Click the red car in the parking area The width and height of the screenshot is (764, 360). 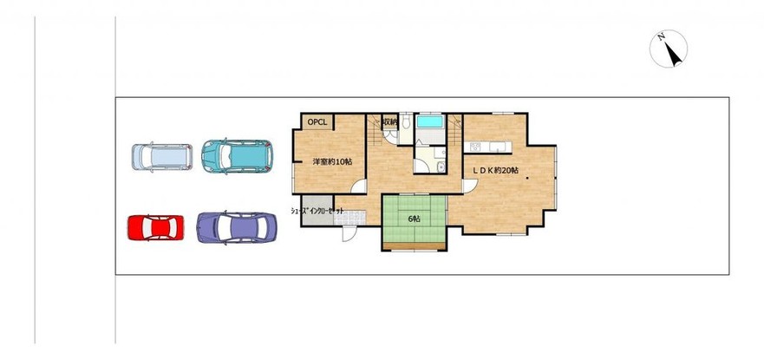pyautogui.click(x=156, y=227)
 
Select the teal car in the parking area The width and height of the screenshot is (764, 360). pyautogui.click(x=238, y=156)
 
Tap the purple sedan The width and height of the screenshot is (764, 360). pyautogui.click(x=237, y=227)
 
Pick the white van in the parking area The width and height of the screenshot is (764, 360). pyautogui.click(x=162, y=157)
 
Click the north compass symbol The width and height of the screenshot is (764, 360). pyautogui.click(x=669, y=49)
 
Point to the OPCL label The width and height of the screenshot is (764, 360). pyautogui.click(x=317, y=121)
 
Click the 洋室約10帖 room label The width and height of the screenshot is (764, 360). pyautogui.click(x=332, y=161)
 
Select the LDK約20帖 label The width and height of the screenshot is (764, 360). pyautogui.click(x=497, y=171)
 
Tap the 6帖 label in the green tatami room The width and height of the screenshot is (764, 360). pyautogui.click(x=414, y=219)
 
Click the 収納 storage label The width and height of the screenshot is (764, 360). pyautogui.click(x=389, y=121)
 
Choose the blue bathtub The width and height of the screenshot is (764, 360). pyautogui.click(x=430, y=121)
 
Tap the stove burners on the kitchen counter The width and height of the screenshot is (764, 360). pyautogui.click(x=475, y=147)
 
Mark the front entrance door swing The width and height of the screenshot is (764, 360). pyautogui.click(x=349, y=233)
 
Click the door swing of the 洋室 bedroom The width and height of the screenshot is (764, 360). pyautogui.click(x=359, y=187)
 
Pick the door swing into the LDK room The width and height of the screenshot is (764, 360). pyautogui.click(x=470, y=186)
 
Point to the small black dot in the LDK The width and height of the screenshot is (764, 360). pyautogui.click(x=526, y=179)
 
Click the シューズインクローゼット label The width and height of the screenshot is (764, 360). pyautogui.click(x=317, y=211)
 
